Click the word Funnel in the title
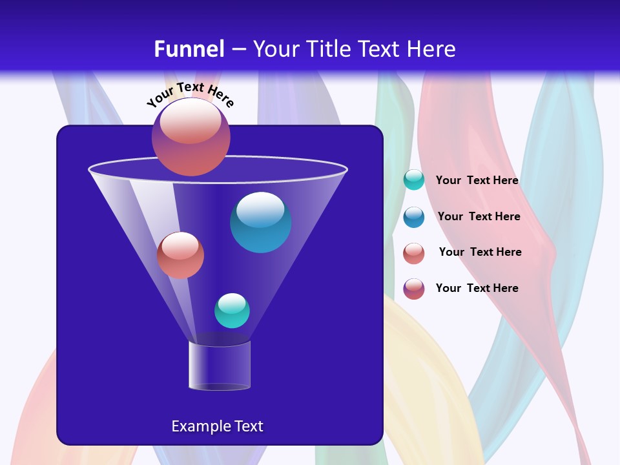click(189, 49)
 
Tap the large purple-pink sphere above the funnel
click(191, 136)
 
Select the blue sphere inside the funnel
click(260, 223)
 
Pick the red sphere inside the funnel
click(180, 255)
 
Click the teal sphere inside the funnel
click(232, 311)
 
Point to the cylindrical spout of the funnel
click(220, 366)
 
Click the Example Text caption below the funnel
click(217, 426)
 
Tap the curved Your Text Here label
click(191, 94)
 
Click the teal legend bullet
click(414, 180)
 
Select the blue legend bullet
click(414, 217)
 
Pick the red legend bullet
click(414, 253)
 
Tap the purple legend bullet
click(414, 289)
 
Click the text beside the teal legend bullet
click(477, 181)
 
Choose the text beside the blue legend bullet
click(479, 216)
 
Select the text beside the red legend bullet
click(480, 252)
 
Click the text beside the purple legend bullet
click(477, 288)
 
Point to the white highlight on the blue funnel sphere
click(260, 209)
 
